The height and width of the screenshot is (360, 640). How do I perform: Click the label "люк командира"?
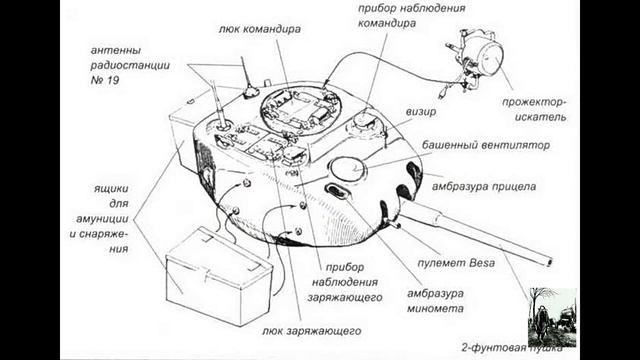[x=260, y=29]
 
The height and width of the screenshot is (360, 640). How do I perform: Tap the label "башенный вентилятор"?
[x=486, y=145]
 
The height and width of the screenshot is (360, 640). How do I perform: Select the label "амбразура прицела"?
[x=484, y=187]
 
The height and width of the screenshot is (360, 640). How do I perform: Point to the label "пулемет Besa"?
[x=456, y=263]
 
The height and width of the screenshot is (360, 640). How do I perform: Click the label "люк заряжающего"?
[x=311, y=331]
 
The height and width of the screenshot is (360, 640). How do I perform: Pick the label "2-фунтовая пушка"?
[x=511, y=348]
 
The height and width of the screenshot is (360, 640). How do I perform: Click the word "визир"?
[x=421, y=112]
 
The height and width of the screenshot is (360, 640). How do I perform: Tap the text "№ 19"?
[x=105, y=80]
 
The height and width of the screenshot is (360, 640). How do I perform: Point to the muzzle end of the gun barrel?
[x=549, y=261]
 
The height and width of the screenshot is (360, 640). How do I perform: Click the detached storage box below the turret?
[x=219, y=276]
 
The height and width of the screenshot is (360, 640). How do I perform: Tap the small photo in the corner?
[x=553, y=318]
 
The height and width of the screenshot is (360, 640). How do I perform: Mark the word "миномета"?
[x=435, y=309]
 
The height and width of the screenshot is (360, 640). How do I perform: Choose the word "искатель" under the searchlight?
[x=540, y=118]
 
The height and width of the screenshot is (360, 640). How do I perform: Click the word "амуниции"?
[x=102, y=219]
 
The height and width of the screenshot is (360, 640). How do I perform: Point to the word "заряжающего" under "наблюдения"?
[x=345, y=298]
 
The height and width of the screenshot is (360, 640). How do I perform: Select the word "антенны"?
[x=116, y=51]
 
